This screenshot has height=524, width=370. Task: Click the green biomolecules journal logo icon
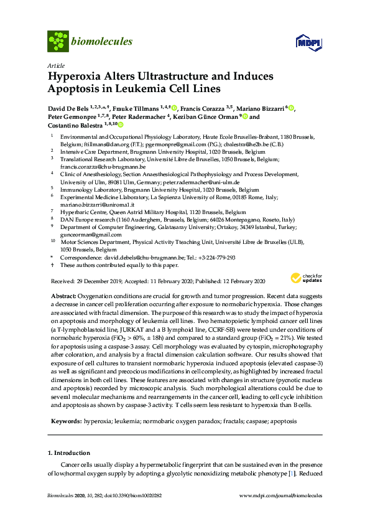58,42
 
